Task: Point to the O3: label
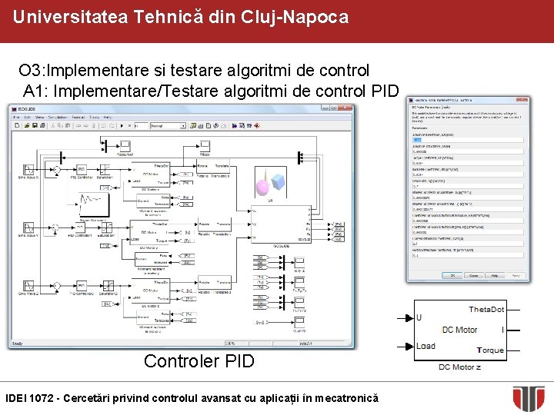(x=33, y=71)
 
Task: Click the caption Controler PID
(x=199, y=361)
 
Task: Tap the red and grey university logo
(x=529, y=398)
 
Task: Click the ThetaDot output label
(x=486, y=309)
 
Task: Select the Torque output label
(x=489, y=350)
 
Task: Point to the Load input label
(x=425, y=346)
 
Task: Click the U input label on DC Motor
(x=419, y=317)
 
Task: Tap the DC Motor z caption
(x=459, y=367)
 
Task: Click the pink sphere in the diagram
(x=261, y=184)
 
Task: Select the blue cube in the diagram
(x=277, y=182)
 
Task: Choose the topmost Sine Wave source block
(x=27, y=169)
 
